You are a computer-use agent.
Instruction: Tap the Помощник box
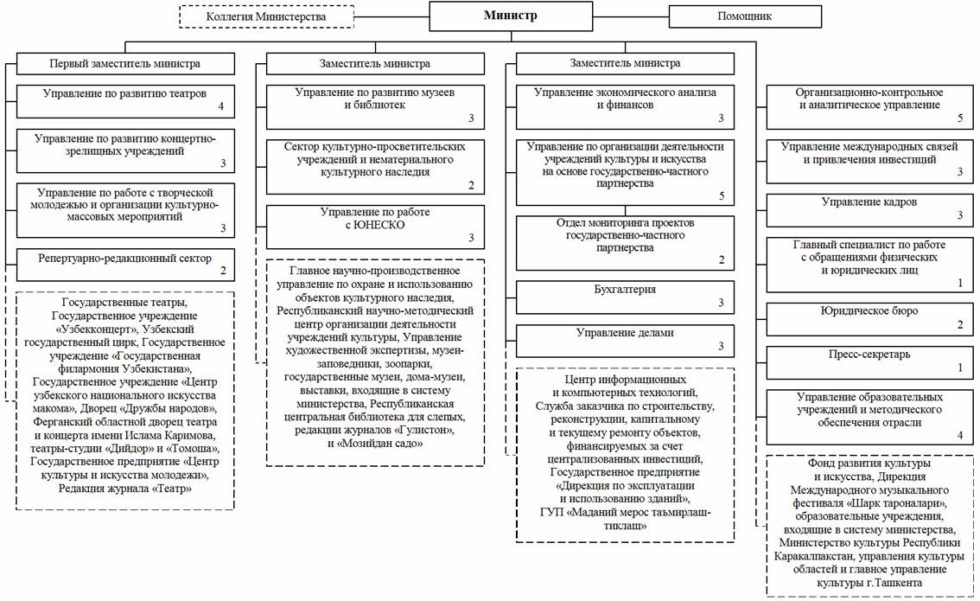point(744,16)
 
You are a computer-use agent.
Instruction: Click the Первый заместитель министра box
point(124,64)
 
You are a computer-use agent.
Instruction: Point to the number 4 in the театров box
point(222,107)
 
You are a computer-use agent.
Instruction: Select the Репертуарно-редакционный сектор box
point(124,263)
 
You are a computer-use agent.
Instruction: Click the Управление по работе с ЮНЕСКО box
point(374,224)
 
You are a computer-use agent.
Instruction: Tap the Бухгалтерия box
point(625,295)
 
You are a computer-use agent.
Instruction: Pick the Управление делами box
point(625,339)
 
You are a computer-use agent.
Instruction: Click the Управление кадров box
point(869,208)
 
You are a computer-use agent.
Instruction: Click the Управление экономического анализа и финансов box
point(625,104)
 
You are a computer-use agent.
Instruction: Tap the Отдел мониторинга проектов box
point(625,240)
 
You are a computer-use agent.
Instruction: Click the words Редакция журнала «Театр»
point(124,489)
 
